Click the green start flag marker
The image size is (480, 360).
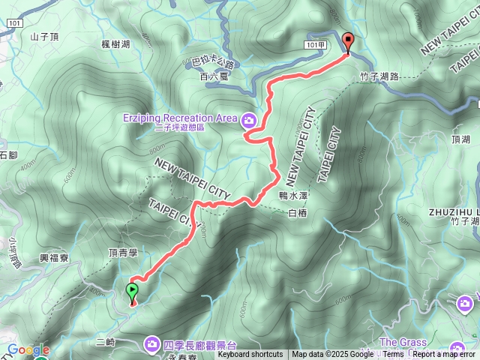[133, 290]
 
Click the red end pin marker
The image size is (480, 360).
[347, 41]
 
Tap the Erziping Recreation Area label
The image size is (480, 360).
[180, 118]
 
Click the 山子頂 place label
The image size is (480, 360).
[45, 35]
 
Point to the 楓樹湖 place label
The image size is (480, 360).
[115, 44]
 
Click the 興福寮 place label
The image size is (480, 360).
[55, 257]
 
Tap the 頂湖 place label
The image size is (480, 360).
[461, 139]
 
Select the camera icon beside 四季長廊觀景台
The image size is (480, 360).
[152, 343]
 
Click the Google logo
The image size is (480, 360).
[28, 350]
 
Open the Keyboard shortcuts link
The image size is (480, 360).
[250, 355]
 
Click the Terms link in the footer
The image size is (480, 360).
[393, 355]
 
